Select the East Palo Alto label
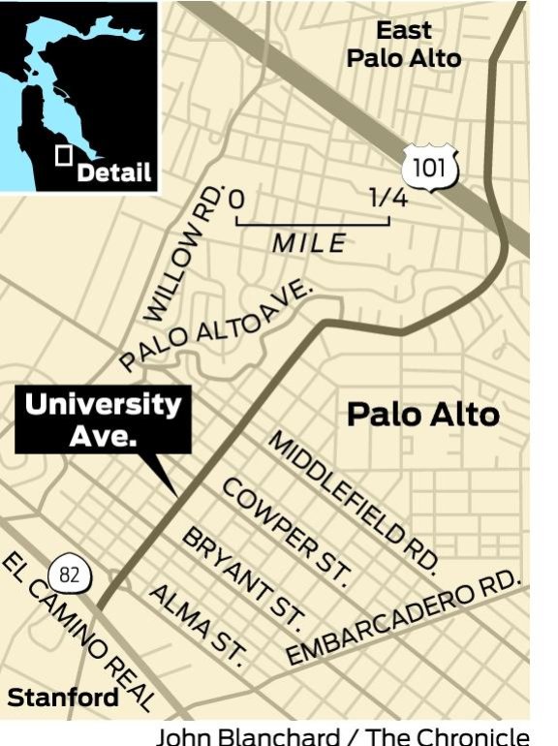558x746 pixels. pyautogui.click(x=404, y=45)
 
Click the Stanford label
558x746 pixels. pyautogui.click(x=63, y=698)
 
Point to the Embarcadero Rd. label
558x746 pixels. pyautogui.click(x=404, y=625)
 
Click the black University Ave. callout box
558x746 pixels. pyautogui.click(x=103, y=420)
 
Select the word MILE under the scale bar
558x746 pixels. pyautogui.click(x=308, y=243)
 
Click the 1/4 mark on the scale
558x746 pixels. pyautogui.click(x=388, y=199)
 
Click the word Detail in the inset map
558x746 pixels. pyautogui.click(x=113, y=173)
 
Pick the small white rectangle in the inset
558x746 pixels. pyautogui.click(x=65, y=156)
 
